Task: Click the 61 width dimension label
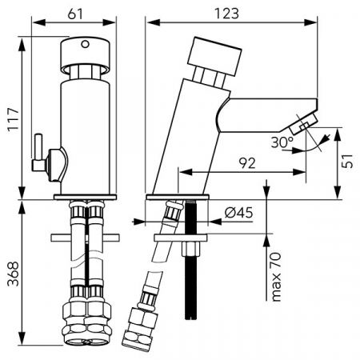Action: point(75,14)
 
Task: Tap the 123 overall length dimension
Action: point(226,14)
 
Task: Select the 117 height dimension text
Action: point(14,119)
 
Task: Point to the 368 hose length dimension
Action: point(14,274)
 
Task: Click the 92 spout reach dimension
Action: point(246,163)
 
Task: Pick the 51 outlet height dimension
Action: point(347,161)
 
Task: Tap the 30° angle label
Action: point(282,142)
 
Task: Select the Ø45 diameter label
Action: point(238,213)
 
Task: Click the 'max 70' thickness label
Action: point(276,277)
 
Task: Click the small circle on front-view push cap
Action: point(85,44)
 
